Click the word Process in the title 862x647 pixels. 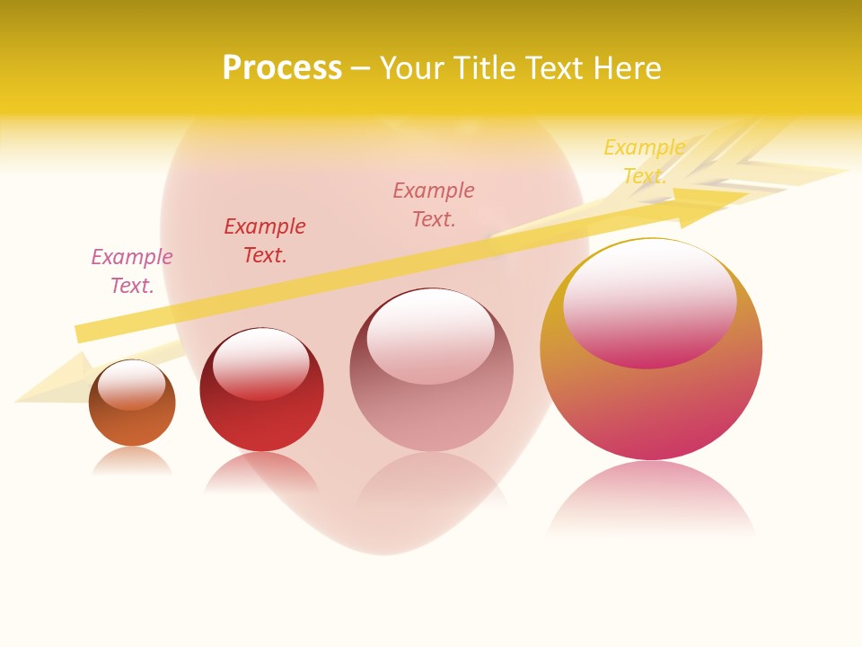282,68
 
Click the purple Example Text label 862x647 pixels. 132,271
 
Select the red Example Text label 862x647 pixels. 265,241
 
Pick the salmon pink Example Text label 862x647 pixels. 434,205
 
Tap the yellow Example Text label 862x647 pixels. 644,162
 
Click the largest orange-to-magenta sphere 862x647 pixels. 651,404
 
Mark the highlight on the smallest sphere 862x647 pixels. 132,385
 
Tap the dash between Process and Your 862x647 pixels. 361,68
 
